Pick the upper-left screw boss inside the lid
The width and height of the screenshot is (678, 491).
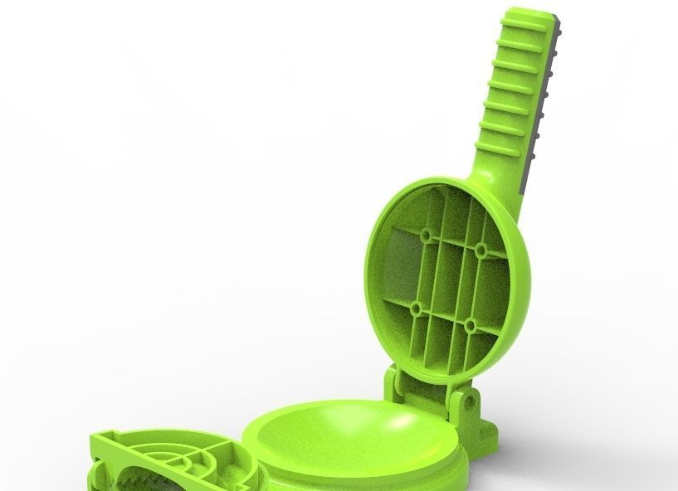point(427,236)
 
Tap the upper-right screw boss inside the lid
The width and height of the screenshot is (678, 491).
point(481,250)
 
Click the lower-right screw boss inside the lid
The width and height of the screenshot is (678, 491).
point(470,324)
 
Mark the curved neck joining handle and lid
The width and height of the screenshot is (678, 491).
point(498,178)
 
